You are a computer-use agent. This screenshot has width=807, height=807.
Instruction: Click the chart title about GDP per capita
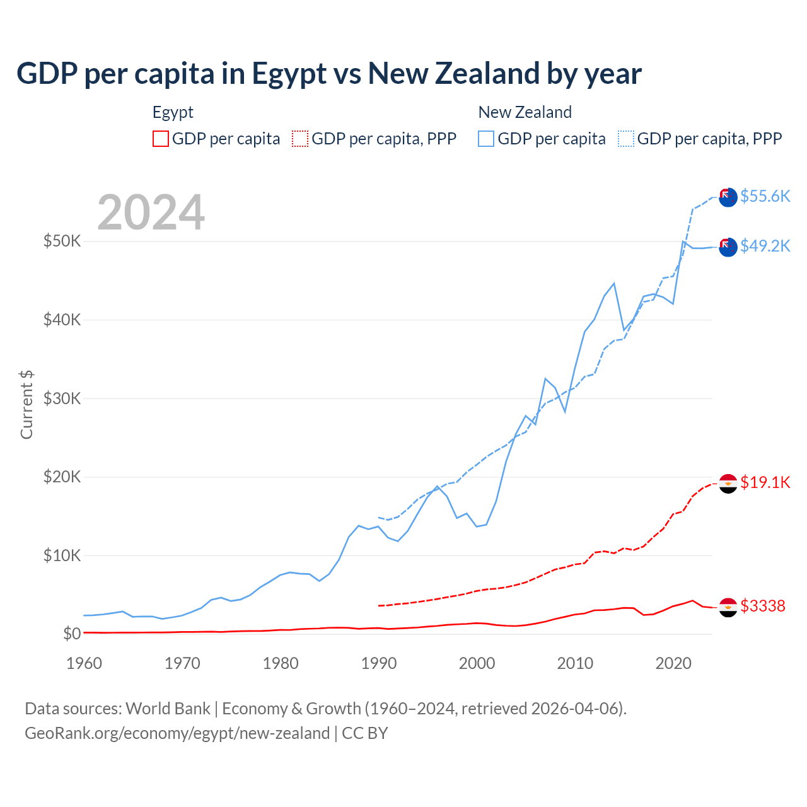(x=328, y=74)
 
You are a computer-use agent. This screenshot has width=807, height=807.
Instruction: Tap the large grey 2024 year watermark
(x=151, y=212)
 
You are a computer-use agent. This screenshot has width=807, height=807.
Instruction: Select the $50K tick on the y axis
(x=62, y=241)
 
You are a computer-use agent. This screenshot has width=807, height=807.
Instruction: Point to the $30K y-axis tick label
(x=62, y=398)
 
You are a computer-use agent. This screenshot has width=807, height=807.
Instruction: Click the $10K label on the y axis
(x=62, y=555)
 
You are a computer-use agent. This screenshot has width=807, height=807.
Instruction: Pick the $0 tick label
(x=72, y=634)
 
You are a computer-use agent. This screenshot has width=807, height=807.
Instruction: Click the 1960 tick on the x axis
(x=84, y=663)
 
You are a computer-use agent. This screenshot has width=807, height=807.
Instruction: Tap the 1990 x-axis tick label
(x=379, y=663)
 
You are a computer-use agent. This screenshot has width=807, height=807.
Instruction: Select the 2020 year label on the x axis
(x=673, y=663)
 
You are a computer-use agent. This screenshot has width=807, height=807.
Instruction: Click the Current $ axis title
(x=26, y=405)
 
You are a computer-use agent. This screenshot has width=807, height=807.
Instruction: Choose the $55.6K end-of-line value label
(x=765, y=196)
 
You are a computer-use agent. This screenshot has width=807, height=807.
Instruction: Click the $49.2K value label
(x=765, y=246)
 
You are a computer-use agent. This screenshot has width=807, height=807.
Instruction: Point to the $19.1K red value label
(x=765, y=482)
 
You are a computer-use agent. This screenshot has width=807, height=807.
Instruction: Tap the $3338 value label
(x=763, y=606)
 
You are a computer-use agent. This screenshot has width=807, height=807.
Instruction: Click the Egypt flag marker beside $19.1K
(x=728, y=484)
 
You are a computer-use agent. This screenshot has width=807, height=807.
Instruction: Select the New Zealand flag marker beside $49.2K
(x=728, y=247)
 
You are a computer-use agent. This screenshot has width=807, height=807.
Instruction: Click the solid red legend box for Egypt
(x=161, y=139)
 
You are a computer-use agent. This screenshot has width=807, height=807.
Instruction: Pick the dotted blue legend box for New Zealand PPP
(x=626, y=139)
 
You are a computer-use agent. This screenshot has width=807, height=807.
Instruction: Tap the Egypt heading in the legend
(x=173, y=112)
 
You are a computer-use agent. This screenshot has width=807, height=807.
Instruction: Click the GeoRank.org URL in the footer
(x=177, y=733)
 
